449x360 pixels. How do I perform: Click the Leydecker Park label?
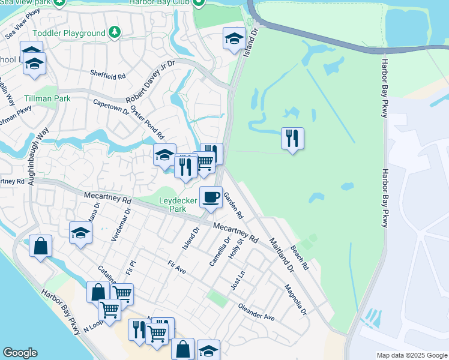pos(177,205)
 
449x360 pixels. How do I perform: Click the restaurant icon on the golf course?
pos(292,139)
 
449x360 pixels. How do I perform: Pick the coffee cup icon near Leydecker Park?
pos(211,197)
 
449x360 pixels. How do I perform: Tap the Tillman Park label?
pos(47,98)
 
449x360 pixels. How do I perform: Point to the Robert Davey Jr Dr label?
pos(149,81)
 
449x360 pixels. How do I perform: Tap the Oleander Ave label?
pos(256,314)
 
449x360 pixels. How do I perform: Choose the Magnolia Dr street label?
pos(295,302)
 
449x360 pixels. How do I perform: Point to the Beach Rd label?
pos(298,257)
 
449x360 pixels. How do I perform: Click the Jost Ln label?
pos(238,280)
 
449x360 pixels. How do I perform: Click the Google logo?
pos(20,353)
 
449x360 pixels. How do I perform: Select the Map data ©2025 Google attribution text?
pos(412,355)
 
